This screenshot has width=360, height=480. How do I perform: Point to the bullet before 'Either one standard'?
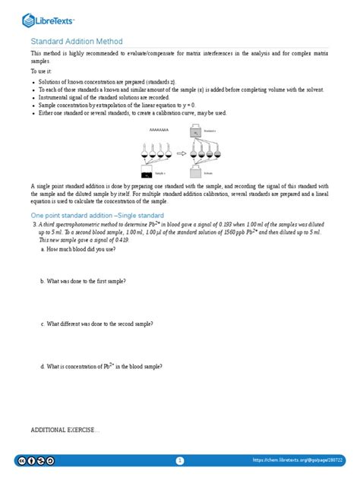coord(34,112)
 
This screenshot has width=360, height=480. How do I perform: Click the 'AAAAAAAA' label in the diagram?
coord(159,130)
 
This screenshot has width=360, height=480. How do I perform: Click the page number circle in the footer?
coord(180,460)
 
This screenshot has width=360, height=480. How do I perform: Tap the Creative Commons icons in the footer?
coord(36,460)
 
